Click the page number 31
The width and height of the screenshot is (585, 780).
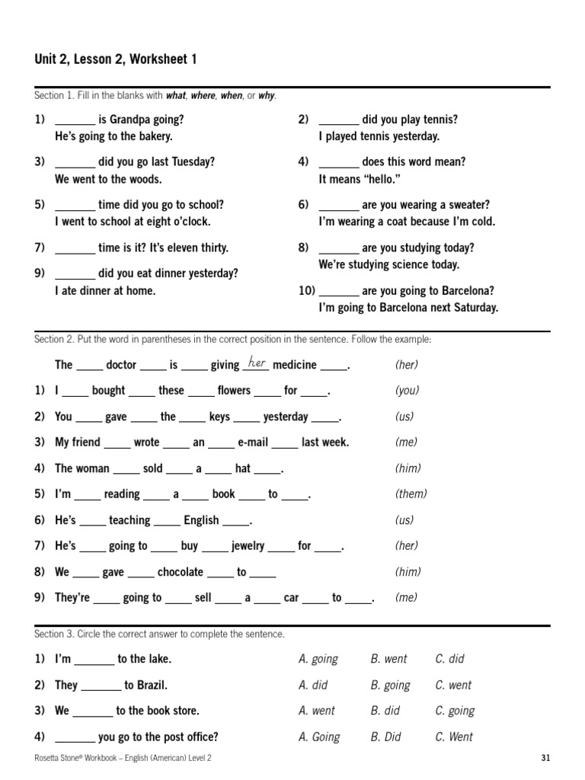pyautogui.click(x=545, y=757)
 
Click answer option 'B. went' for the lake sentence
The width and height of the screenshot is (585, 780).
pyautogui.click(x=388, y=659)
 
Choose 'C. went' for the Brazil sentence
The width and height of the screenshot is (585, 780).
pyautogui.click(x=453, y=685)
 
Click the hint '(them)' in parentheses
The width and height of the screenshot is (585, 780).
pyautogui.click(x=411, y=494)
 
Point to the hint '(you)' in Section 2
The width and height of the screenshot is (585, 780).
pyautogui.click(x=408, y=390)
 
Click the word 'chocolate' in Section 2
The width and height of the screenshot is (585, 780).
pyautogui.click(x=181, y=571)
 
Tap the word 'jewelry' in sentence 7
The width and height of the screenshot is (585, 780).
pyautogui.click(x=248, y=545)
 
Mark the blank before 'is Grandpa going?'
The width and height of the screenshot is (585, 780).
pyautogui.click(x=75, y=120)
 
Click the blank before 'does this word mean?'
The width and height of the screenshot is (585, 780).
pyautogui.click(x=338, y=162)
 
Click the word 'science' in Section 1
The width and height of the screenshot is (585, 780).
pyautogui.click(x=405, y=264)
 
